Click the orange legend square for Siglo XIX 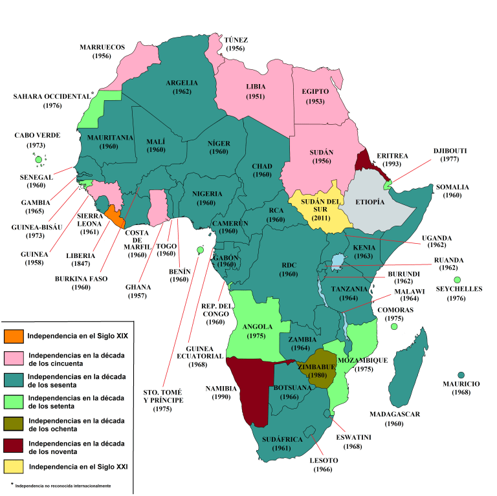(13, 337)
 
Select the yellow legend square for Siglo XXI (13, 466)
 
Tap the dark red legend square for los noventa (13, 445)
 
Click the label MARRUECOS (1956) (102, 52)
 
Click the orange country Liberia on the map (115, 216)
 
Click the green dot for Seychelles (457, 280)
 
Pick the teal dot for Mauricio (461, 375)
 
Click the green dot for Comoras (393, 327)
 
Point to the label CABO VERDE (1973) (38, 140)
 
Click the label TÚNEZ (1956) (235, 44)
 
